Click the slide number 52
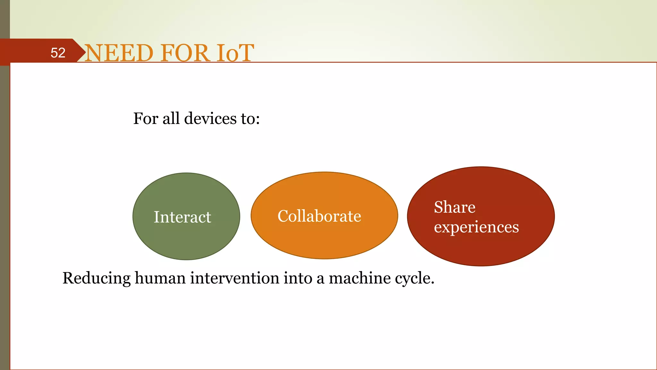tap(58, 53)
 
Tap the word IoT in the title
tap(235, 53)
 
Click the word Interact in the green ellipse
tap(182, 217)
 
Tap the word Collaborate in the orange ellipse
tap(319, 216)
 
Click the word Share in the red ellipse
tap(455, 207)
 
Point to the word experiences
tap(476, 227)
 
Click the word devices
tap(210, 119)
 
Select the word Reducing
tap(96, 278)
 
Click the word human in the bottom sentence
tap(160, 278)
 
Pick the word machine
tap(360, 278)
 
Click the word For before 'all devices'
tap(146, 119)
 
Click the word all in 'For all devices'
tap(171, 119)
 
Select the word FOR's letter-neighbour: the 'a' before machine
tap(320, 279)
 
